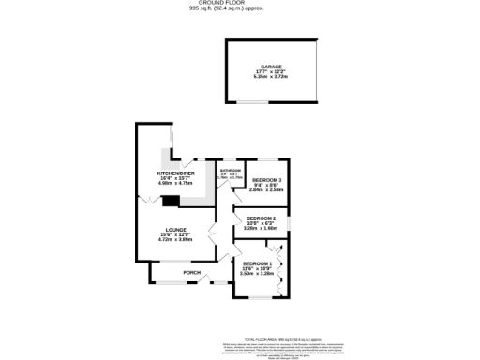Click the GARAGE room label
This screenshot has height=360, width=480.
coord(272,67)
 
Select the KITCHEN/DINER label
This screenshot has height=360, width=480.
coord(175,173)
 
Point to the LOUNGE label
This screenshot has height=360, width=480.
coord(175,230)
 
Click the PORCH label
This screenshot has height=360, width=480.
coord(191,273)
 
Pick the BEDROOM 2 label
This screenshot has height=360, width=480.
coord(260,217)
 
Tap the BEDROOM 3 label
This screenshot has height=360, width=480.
coord(267,179)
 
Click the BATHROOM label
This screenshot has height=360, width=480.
coord(231,170)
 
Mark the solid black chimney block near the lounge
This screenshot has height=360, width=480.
coord(171,199)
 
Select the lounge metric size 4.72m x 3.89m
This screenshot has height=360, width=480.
coord(175,240)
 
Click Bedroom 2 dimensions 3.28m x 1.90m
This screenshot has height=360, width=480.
coord(260,228)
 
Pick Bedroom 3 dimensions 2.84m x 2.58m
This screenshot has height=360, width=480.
coord(267,189)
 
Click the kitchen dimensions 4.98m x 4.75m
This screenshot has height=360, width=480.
coord(175,184)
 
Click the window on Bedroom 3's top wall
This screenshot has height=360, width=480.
coord(267,159)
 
